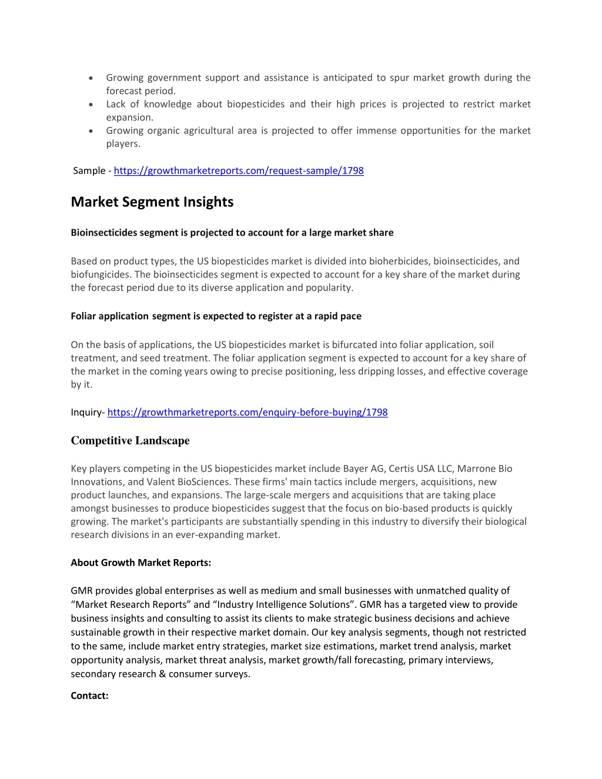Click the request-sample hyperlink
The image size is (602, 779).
click(239, 170)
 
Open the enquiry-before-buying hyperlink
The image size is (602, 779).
click(248, 412)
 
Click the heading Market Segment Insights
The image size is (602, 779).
click(152, 202)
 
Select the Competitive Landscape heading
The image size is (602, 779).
click(130, 440)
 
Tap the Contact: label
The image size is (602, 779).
click(89, 696)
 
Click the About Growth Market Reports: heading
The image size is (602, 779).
click(141, 563)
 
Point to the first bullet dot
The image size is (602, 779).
click(91, 78)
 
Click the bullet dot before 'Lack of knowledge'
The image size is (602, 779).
click(91, 105)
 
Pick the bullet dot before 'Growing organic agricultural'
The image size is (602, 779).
click(91, 131)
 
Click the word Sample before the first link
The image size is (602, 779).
click(89, 170)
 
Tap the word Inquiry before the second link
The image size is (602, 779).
click(86, 412)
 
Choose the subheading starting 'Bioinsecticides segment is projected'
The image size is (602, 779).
click(232, 233)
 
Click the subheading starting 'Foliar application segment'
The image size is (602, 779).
click(216, 316)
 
